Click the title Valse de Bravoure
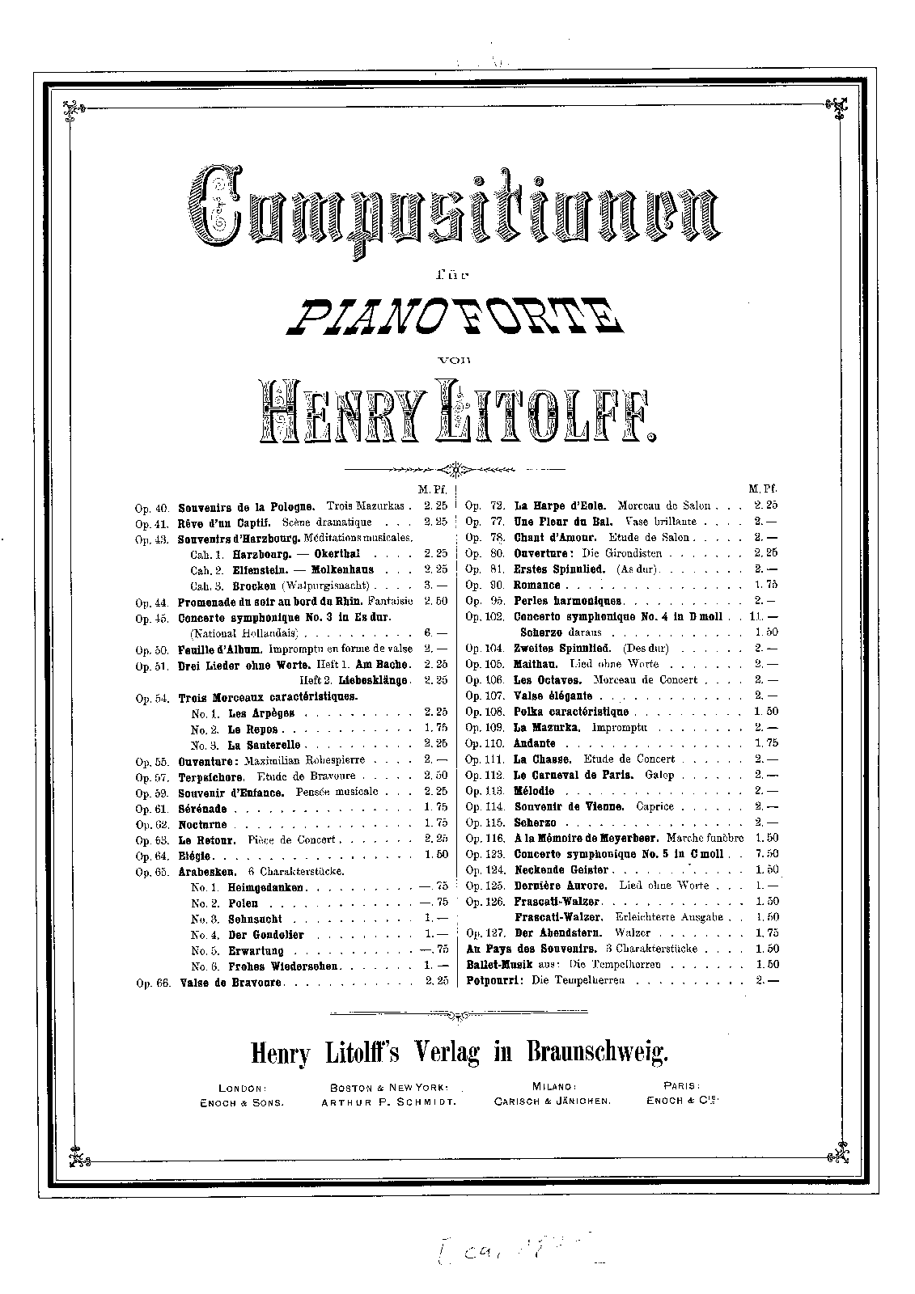[x=231, y=982]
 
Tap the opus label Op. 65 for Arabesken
[x=152, y=872]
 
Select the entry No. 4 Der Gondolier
[x=247, y=935]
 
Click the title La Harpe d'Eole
[x=549, y=505]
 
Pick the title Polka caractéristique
[x=570, y=712]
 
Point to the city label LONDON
[x=242, y=1089]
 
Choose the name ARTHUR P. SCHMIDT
[x=390, y=1102]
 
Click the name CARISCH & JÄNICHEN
[x=553, y=1102]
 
